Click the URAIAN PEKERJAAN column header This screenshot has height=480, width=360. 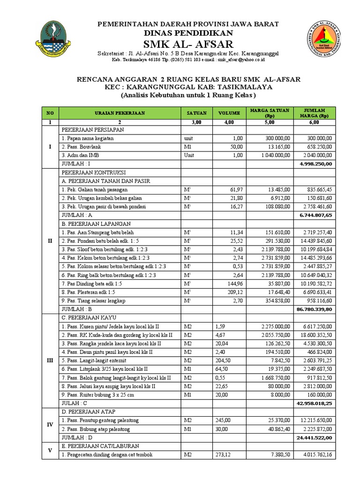pos(120,113)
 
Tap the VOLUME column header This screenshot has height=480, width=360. pos(229,113)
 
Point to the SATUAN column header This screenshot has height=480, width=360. pos(197,113)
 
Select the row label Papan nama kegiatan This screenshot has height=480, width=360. pos(88,138)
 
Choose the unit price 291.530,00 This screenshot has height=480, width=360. pos(277,240)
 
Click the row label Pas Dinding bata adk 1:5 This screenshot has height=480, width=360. pos(95,284)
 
